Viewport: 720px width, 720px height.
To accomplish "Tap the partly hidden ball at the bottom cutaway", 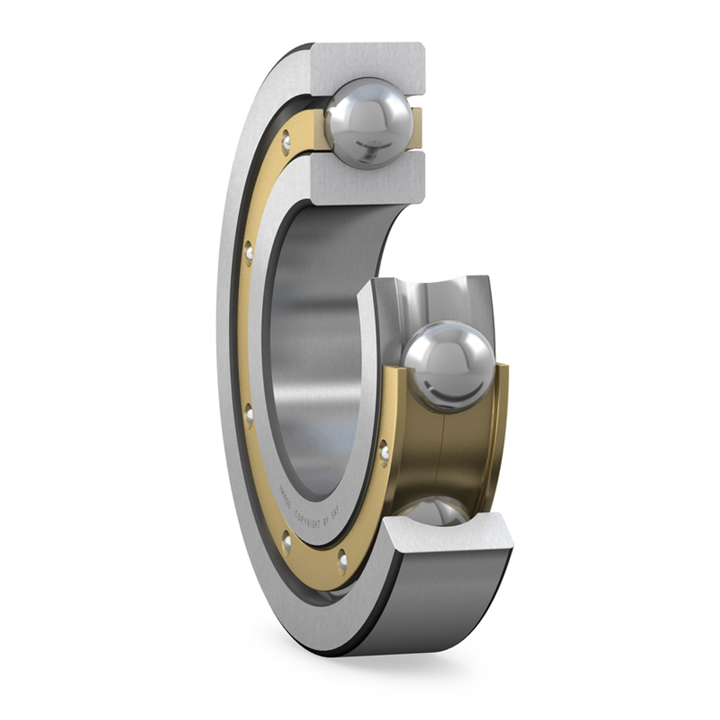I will tap(436, 510).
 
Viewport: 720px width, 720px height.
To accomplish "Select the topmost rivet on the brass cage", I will tap(287, 141).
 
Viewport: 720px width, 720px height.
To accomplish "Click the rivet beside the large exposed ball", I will tap(385, 454).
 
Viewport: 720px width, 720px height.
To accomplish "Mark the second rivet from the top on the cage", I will tap(248, 252).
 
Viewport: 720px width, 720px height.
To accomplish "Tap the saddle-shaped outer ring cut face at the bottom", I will tap(446, 540).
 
